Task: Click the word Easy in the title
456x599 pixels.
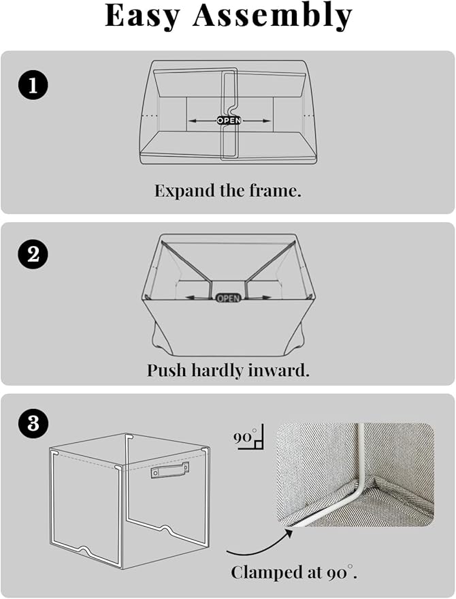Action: coord(142,17)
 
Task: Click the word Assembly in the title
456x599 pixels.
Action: coord(272,17)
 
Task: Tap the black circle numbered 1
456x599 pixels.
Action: coord(33,85)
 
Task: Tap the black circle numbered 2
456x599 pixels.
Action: coord(33,254)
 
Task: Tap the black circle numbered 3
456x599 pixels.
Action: coord(33,423)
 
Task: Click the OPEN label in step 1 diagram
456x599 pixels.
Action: coord(229,121)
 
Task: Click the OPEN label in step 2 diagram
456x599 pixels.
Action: coord(228,298)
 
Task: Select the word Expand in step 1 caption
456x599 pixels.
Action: coord(184,191)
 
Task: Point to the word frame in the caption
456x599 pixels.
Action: coord(275,191)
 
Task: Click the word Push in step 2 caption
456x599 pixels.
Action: coord(167,370)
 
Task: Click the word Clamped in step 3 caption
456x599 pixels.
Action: coord(265,572)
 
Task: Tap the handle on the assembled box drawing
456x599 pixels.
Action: coord(169,471)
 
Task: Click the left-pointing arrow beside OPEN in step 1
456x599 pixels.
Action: coord(203,121)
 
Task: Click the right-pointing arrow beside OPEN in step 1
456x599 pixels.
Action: coord(256,121)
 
